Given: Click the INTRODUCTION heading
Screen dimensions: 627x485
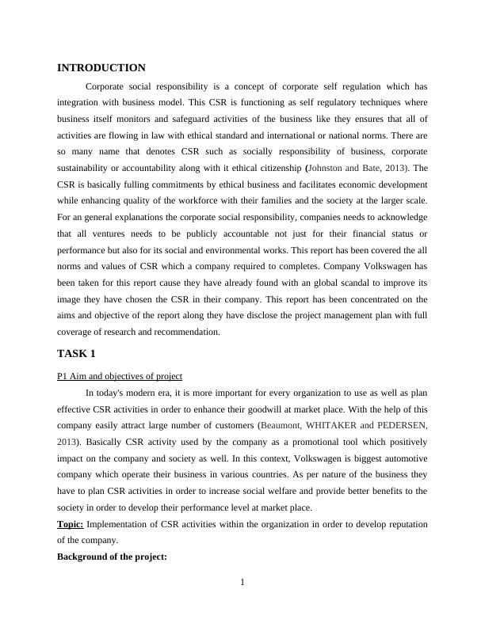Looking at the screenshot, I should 101,68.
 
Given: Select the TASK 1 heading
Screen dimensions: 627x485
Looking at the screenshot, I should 76,353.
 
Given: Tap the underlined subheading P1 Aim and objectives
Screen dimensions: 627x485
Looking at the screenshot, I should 120,375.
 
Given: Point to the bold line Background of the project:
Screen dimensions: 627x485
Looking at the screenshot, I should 112,557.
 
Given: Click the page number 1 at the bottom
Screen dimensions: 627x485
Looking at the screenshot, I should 242,583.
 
